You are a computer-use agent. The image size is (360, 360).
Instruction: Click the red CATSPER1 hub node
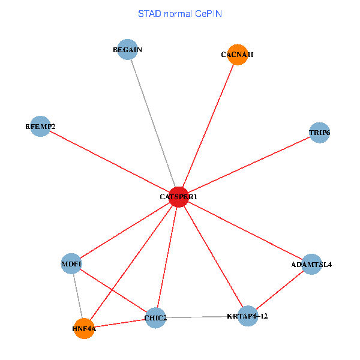point(179,197)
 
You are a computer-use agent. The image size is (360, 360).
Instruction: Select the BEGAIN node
point(128,50)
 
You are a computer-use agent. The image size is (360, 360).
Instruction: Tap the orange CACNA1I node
point(238,55)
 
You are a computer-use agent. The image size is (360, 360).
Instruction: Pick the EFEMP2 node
point(40,127)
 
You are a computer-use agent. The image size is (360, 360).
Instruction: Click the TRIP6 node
point(319,132)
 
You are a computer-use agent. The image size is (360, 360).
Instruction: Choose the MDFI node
point(71,263)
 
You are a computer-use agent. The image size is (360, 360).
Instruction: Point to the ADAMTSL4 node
point(311,264)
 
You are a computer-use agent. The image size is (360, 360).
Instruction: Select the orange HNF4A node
point(84,328)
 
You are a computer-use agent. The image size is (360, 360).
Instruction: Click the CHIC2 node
point(155,317)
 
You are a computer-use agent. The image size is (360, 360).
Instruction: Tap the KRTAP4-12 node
point(248,316)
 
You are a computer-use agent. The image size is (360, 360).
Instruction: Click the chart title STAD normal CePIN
point(180,13)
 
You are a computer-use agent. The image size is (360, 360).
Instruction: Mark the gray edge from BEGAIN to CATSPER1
point(153,123)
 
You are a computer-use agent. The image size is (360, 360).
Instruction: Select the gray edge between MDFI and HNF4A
point(78,296)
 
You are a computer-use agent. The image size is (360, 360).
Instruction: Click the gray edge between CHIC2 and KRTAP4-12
point(202,317)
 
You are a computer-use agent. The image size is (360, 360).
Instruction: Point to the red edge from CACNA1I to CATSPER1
point(208,126)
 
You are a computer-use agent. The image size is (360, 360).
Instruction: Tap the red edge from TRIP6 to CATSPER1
point(249,164)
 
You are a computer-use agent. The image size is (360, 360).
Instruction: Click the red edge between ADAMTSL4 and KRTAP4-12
point(280,290)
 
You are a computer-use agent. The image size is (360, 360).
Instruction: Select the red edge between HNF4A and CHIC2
point(120,323)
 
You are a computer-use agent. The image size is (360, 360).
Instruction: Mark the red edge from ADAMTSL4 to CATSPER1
point(245,230)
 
